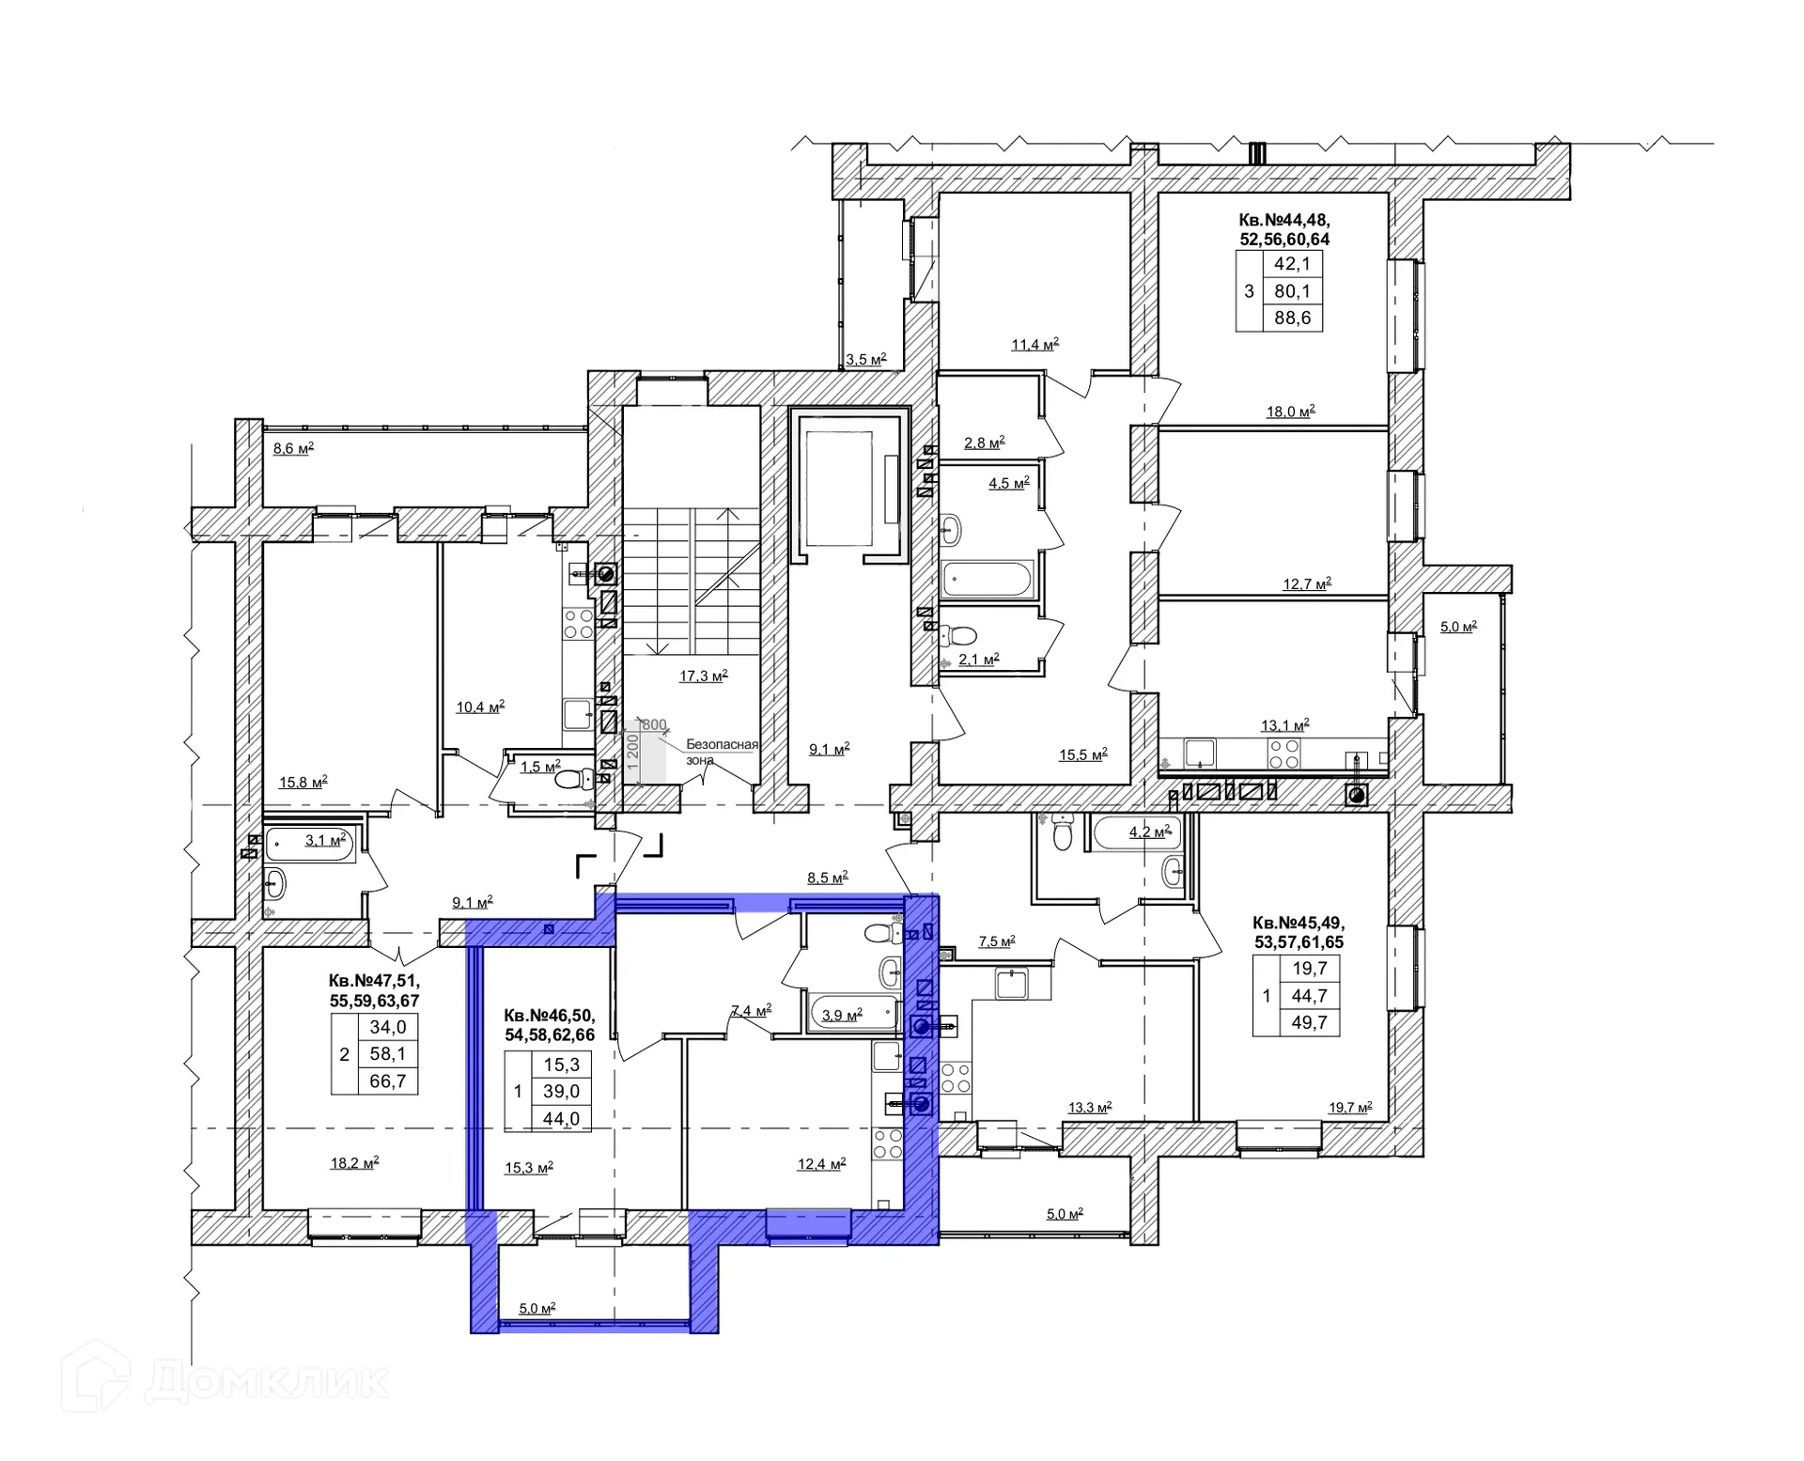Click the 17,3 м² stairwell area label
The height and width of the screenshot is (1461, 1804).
click(x=704, y=675)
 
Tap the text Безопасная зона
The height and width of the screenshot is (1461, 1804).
click(x=722, y=752)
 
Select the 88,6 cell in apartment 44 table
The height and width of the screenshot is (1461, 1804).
click(x=1292, y=318)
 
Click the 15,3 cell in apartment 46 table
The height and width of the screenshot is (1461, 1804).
click(x=561, y=1065)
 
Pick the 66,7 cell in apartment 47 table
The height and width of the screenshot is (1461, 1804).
click(x=387, y=1081)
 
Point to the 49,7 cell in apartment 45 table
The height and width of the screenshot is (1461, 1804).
click(x=1309, y=1022)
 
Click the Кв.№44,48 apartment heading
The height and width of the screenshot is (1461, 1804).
click(x=1284, y=220)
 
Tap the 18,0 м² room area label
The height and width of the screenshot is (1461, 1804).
click(x=1290, y=411)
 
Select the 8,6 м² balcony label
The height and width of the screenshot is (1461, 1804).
click(x=293, y=448)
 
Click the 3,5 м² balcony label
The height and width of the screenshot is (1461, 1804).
click(x=865, y=359)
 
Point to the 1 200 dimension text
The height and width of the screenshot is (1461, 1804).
click(x=633, y=753)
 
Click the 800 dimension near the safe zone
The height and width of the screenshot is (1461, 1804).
click(x=654, y=724)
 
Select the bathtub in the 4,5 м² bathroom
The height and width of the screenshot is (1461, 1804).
click(x=988, y=579)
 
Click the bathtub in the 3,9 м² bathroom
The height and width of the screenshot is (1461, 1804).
click(x=849, y=1014)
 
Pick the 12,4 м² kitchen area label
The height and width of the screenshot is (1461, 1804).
click(x=822, y=1163)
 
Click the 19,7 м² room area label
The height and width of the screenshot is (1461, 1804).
click(x=1348, y=1107)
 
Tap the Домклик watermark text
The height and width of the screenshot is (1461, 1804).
click(x=268, y=1380)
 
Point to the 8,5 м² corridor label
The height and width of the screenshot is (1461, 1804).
click(x=828, y=877)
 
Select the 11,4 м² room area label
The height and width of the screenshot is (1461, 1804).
click(x=1034, y=344)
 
